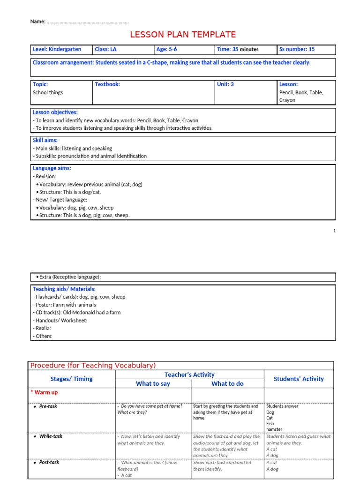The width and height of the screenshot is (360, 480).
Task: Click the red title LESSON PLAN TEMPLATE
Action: (183, 35)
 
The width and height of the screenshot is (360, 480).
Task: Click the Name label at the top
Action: (37, 22)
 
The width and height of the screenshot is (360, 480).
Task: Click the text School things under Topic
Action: (48, 92)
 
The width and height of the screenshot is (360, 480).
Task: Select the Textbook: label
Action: (107, 84)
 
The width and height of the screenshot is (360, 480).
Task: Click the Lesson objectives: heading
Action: (55, 112)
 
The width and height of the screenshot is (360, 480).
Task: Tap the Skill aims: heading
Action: (45, 140)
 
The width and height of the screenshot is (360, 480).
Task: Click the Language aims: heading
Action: (52, 168)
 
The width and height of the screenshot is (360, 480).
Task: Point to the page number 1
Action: (335, 231)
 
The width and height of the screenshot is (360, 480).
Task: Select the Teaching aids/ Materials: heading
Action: (64, 289)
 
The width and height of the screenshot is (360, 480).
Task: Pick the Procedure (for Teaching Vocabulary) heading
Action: (93, 366)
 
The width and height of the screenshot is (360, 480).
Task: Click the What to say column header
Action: (153, 383)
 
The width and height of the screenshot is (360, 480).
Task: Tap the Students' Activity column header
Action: (299, 379)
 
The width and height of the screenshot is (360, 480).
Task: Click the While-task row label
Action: (50, 436)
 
